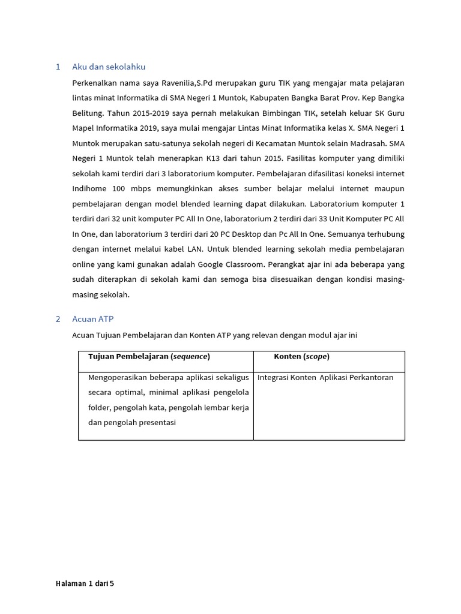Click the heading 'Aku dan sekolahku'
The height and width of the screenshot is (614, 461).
[109, 67]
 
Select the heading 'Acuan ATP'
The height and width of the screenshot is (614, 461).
[92, 319]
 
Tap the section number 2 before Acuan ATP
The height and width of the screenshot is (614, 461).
[58, 319]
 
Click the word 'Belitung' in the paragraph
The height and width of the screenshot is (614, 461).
[88, 113]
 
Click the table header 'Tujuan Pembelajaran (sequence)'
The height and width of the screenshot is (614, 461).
[149, 357]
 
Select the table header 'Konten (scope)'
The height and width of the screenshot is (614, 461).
[301, 357]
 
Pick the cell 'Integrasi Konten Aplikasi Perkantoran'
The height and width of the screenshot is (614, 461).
[325, 378]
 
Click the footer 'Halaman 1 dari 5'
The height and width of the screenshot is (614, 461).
[85, 583]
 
